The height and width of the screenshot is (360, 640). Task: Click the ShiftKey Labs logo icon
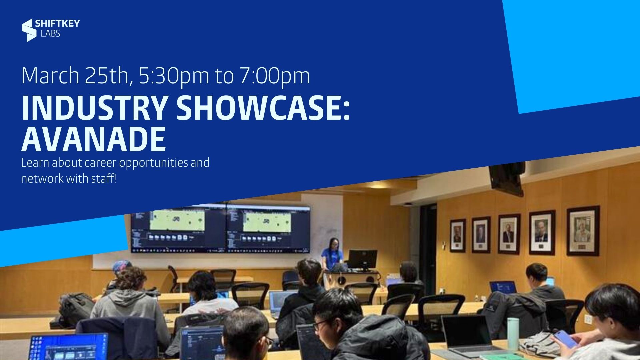[x=29, y=30]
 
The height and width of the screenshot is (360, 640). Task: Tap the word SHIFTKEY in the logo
[x=57, y=24]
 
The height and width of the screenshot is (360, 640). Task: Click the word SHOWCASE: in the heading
[x=263, y=108]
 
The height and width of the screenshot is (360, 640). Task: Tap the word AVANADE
[x=94, y=139]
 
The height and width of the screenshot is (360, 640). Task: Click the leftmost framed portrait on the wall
[x=457, y=235]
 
